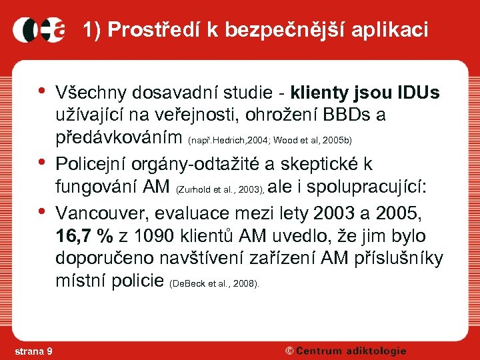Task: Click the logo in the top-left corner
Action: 39,30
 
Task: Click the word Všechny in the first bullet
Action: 93,91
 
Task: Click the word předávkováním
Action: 119,139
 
